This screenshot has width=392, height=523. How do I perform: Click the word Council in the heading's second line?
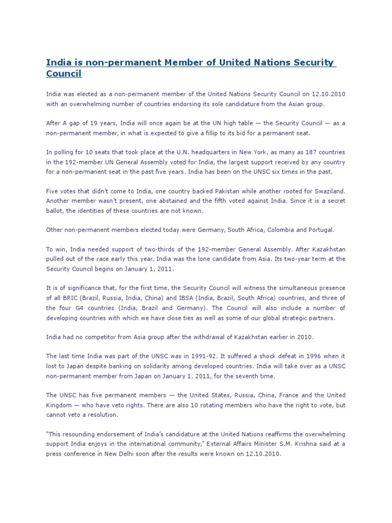64,74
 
